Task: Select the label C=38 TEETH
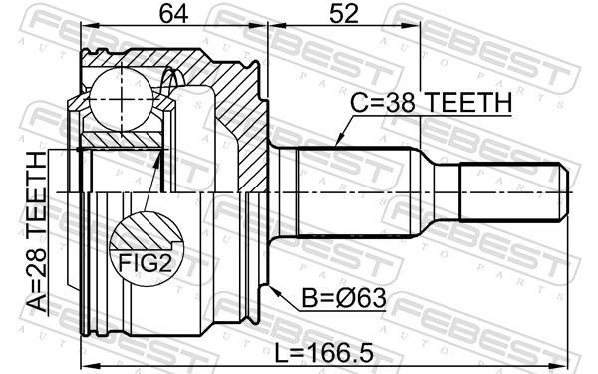click(431, 102)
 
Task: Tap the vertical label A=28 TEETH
click(37, 231)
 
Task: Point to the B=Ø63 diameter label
click(344, 298)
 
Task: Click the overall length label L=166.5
click(324, 353)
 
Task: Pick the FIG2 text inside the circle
click(145, 263)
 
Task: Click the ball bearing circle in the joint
click(122, 99)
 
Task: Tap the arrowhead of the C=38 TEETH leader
click(339, 141)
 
